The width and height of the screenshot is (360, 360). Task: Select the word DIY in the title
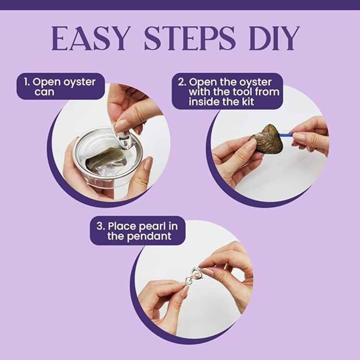(275, 38)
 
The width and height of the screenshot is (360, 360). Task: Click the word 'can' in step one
(44, 92)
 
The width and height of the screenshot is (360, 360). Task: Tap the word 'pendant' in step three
(152, 237)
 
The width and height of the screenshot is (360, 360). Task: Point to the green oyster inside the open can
(106, 159)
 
